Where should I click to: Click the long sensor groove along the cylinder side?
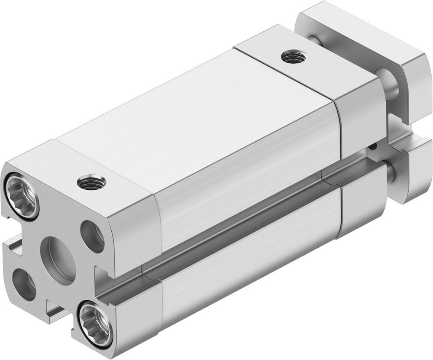[242, 225]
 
